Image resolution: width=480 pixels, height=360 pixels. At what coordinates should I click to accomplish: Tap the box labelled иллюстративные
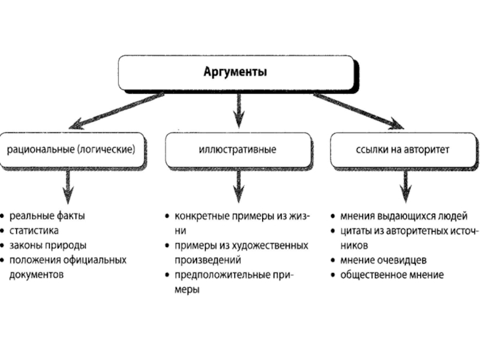[238, 150]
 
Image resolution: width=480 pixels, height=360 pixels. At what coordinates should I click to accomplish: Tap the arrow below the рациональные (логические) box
[68, 185]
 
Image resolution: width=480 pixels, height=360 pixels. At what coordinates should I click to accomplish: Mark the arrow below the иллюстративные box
[238, 185]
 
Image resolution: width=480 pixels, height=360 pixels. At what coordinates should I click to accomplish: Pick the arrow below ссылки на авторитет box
[406, 185]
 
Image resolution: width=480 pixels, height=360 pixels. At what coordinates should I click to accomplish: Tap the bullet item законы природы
[48, 245]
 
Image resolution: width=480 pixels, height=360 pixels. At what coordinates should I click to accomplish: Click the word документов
[37, 275]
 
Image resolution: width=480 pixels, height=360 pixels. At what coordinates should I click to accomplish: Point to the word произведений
[208, 260]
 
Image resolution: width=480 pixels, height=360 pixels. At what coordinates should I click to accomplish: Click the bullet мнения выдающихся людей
[403, 215]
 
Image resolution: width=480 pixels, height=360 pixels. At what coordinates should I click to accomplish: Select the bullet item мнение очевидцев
[383, 260]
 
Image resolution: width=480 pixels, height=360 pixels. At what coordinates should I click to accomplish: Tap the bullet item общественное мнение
[392, 275]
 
